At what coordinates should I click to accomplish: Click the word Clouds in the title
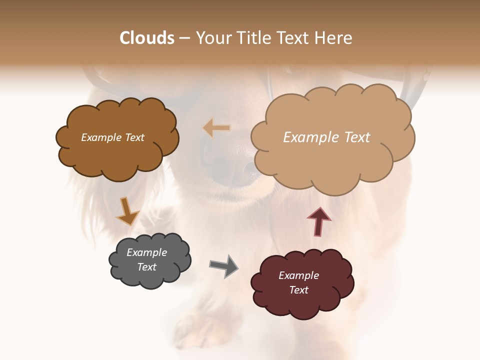pos(147,38)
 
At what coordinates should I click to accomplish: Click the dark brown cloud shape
pos(117,150)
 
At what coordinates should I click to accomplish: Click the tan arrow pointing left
pos(217,128)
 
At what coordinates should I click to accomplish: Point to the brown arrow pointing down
pos(127,211)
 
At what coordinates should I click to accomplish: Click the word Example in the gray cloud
pos(146,252)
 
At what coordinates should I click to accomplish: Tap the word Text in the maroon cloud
pos(298,290)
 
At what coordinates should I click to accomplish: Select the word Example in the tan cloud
pos(309,137)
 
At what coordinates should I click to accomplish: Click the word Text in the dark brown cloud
pos(133,137)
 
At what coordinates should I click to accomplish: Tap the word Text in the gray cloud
pos(146,267)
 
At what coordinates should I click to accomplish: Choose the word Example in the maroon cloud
pos(298,275)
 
